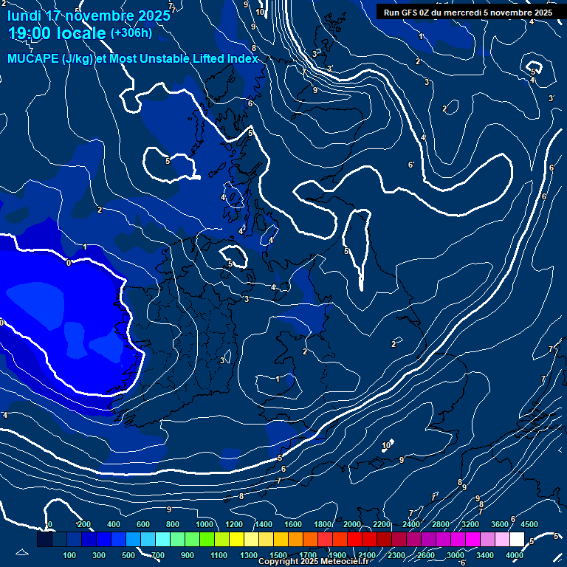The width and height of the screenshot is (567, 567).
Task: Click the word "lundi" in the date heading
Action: [24, 16]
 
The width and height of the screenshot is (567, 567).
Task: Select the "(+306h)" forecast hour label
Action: [131, 33]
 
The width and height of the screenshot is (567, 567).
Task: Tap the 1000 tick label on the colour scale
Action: [204, 524]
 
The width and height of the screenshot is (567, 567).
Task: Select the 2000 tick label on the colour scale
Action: [352, 524]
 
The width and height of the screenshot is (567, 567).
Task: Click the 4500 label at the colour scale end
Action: [529, 524]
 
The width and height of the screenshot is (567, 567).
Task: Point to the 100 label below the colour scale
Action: [70, 555]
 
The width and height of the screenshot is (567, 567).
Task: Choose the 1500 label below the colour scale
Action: [278, 555]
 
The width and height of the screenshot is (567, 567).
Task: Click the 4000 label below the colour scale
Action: [515, 555]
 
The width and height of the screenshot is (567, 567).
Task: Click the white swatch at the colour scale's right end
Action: [517, 540]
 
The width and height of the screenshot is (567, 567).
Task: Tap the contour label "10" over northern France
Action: [386, 446]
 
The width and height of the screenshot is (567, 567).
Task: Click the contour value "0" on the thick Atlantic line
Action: [69, 262]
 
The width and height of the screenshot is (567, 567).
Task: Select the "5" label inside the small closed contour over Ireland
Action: [230, 264]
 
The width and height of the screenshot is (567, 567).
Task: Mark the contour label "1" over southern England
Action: [278, 379]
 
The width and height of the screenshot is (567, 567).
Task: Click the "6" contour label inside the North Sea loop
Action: [410, 165]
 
